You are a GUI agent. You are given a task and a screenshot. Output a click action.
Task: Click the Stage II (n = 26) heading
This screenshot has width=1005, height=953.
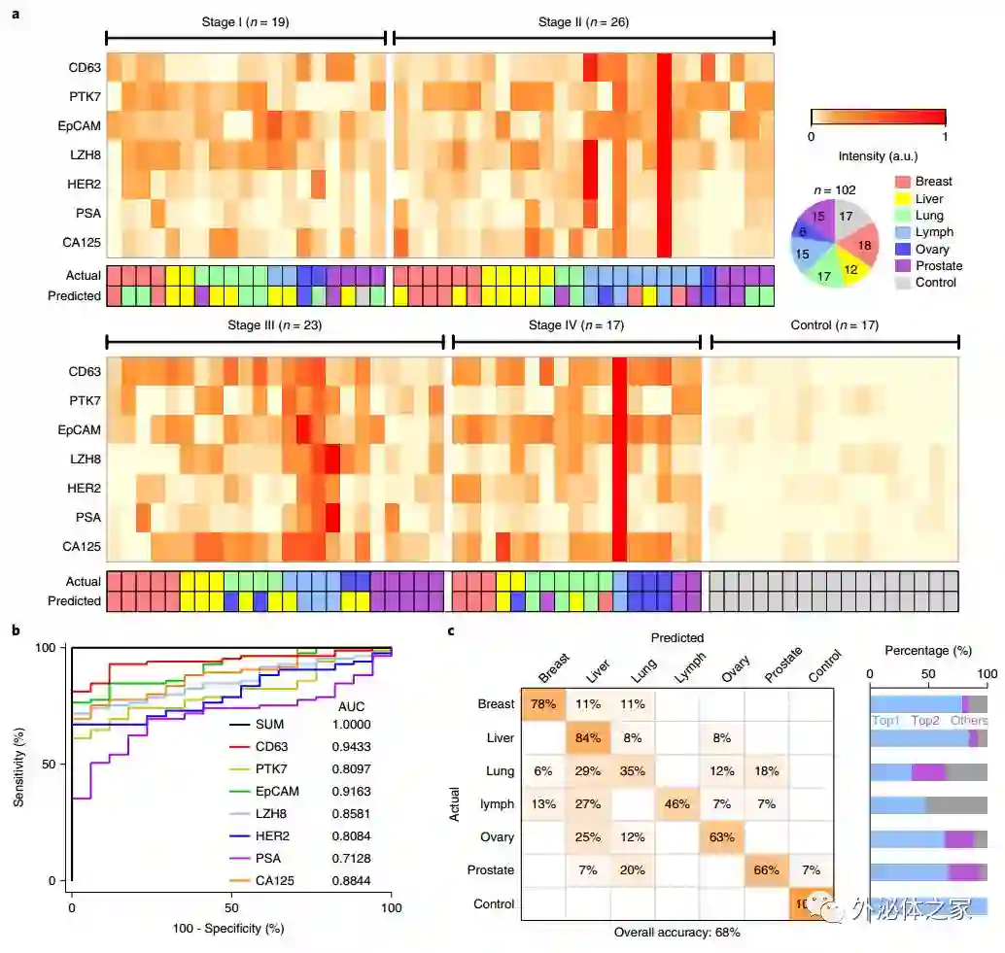583,21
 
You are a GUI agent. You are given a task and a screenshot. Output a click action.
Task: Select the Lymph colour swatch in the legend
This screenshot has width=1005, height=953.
902,233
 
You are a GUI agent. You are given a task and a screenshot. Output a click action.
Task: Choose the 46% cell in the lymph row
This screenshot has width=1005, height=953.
676,804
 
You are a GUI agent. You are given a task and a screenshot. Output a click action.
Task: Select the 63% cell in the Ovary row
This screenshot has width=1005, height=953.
721,837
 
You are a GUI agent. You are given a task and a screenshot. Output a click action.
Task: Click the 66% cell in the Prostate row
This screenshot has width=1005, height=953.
766,870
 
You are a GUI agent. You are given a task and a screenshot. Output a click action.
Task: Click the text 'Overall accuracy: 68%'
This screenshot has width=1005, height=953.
677,932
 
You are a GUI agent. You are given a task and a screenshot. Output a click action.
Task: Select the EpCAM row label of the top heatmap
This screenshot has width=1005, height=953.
79,126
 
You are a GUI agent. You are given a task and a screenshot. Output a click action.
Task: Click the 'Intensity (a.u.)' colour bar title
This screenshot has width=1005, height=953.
878,156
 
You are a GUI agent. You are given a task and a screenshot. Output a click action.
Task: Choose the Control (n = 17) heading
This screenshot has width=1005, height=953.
834,325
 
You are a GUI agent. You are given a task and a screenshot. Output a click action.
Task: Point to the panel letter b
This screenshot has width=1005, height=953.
16,630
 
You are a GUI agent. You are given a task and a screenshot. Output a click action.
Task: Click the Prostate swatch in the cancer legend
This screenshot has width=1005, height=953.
902,266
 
